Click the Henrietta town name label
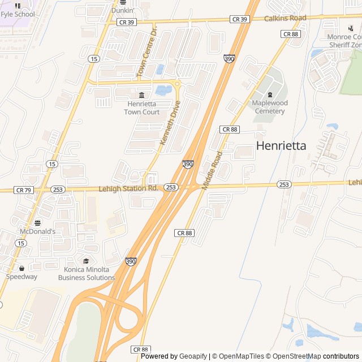[x=281, y=145]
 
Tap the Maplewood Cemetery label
[x=269, y=107]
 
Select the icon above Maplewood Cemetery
[x=270, y=94]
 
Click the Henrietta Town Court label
[x=143, y=108]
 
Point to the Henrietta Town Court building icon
[x=141, y=94]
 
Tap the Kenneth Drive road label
[x=170, y=123]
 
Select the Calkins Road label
[x=285, y=18]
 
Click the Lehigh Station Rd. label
[x=128, y=188]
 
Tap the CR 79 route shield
[x=24, y=190]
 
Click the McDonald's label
[x=37, y=231]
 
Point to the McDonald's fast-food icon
[x=37, y=222]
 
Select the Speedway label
[x=21, y=277]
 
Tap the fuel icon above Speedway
[x=21, y=268]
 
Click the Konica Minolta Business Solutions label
[x=86, y=273]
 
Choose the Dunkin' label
[x=122, y=10]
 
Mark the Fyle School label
[x=17, y=14]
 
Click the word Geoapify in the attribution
[x=193, y=356]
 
